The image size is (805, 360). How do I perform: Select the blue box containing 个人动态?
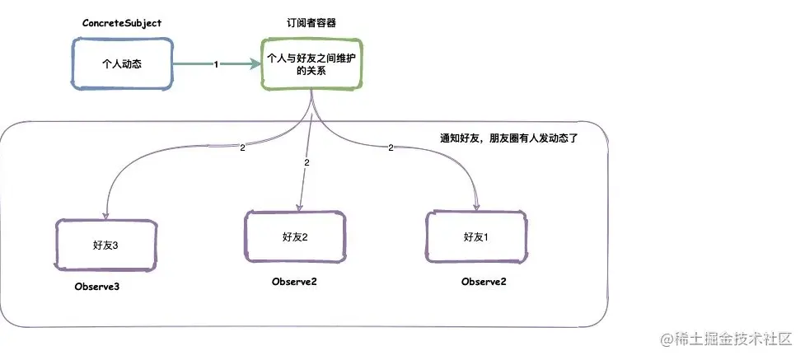121,63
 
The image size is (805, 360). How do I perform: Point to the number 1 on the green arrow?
216,63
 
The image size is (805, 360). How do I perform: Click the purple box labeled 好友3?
106,245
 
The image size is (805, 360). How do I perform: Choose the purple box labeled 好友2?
295,236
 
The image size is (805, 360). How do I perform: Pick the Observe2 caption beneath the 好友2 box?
294,282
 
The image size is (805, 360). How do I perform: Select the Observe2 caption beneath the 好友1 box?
484,282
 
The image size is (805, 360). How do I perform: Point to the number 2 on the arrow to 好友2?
307,163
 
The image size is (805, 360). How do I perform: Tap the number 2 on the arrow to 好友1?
391,148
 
